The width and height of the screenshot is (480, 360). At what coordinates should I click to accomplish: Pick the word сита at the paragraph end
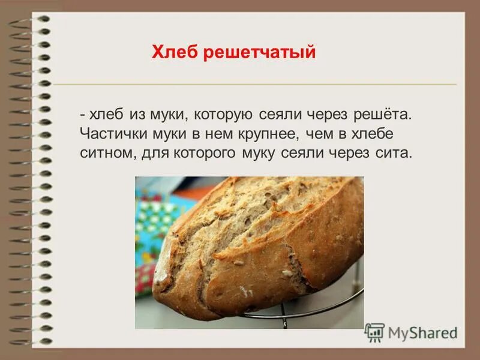[396, 152]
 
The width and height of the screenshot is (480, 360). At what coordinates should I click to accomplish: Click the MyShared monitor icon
[375, 332]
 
